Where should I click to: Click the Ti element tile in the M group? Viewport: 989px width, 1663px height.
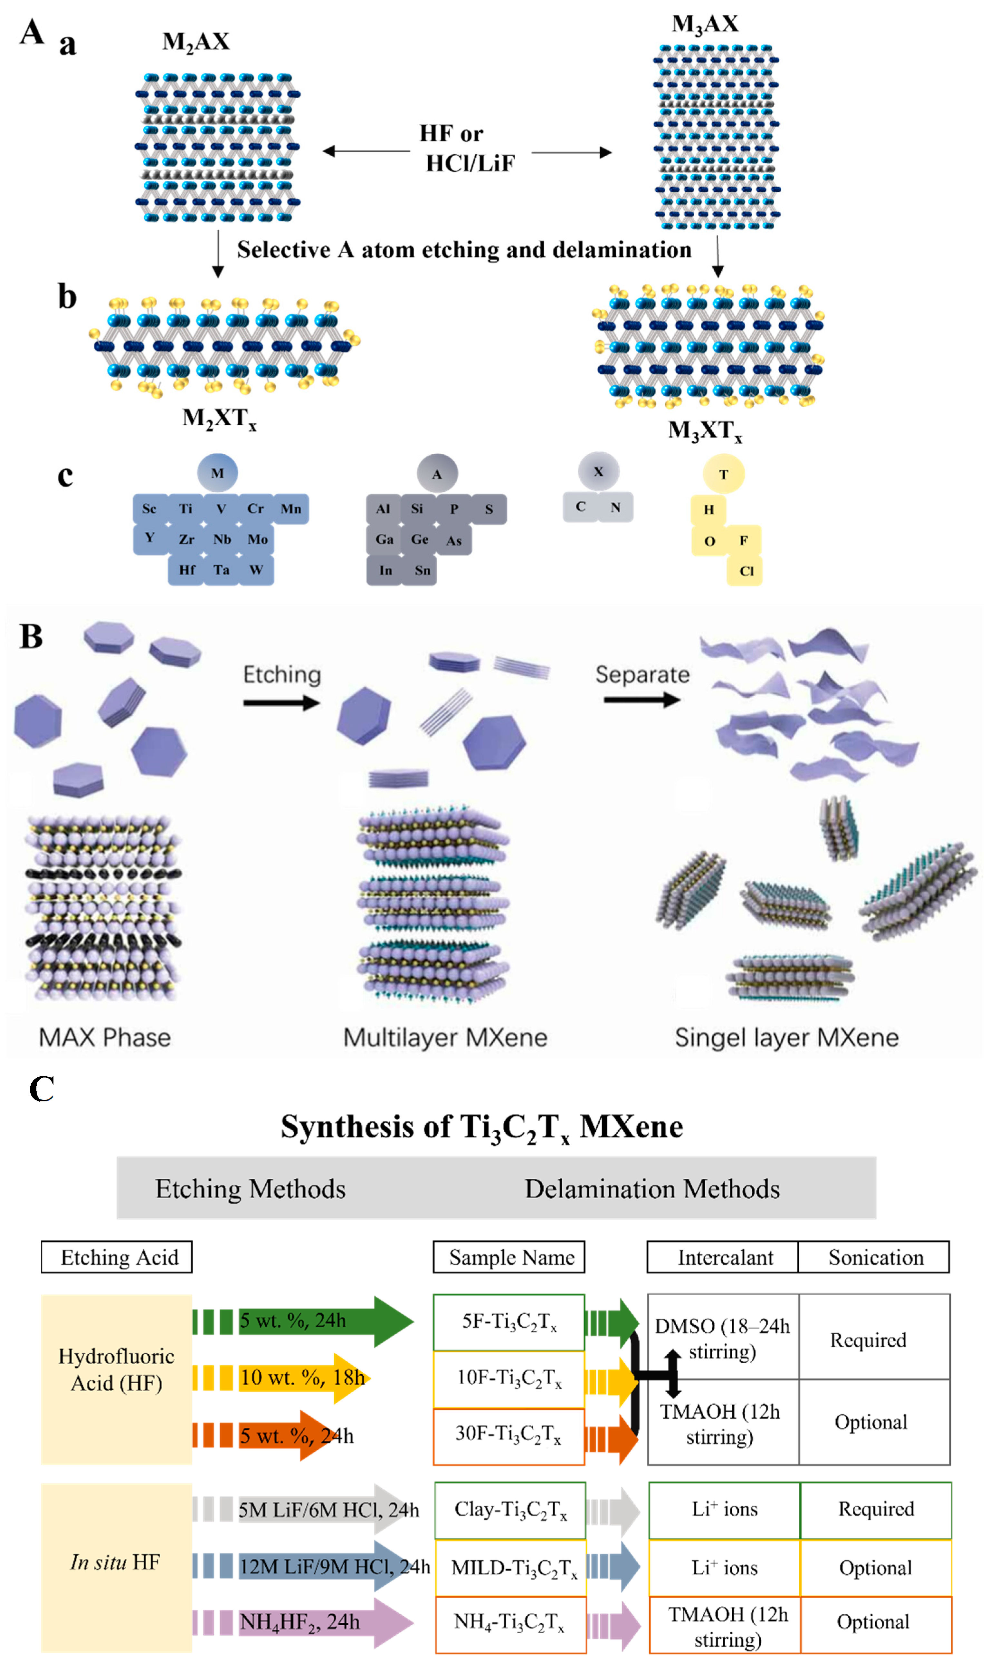185,509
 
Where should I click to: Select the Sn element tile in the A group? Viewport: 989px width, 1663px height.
422,570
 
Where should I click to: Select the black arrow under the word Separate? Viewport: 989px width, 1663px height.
641,700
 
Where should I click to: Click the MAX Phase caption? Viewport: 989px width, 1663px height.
105,1038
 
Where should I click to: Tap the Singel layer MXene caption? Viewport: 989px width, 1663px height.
786,1038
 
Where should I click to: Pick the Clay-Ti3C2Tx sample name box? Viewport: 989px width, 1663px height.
510,1510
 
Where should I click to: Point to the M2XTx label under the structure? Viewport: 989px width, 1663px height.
219,419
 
